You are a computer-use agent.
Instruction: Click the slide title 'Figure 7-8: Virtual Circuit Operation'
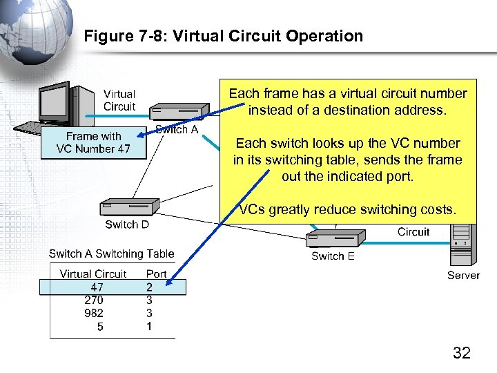tap(223, 36)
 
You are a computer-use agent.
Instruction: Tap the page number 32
tap(461, 353)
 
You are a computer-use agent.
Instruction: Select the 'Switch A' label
tap(177, 129)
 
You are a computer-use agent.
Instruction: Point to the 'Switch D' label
tap(127, 224)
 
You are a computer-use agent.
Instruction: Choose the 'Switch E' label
tap(333, 256)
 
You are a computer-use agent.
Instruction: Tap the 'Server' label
tap(463, 275)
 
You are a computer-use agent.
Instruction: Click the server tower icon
tap(462, 248)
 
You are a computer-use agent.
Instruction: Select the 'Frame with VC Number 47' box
tap(94, 143)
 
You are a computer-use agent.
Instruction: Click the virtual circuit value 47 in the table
tap(97, 287)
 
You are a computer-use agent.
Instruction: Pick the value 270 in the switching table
tap(94, 300)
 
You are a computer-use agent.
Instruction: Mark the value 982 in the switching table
tap(94, 313)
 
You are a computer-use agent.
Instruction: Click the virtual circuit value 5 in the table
tap(100, 326)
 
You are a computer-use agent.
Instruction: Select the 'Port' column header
tap(156, 274)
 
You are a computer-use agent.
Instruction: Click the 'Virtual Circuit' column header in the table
tap(93, 274)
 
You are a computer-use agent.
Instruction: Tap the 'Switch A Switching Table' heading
tap(111, 254)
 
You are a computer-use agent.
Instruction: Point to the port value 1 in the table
tap(149, 326)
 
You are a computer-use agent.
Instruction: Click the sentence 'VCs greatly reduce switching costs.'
tap(347, 210)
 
